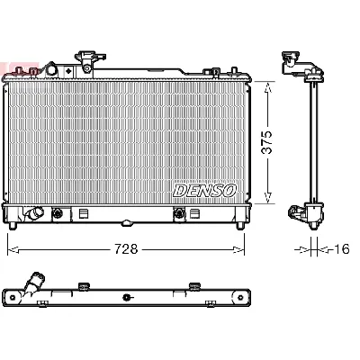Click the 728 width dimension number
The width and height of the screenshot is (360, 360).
[x=125, y=249]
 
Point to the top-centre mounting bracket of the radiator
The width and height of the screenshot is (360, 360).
[x=87, y=60]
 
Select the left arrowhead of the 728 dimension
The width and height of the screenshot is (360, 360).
[x=12, y=249]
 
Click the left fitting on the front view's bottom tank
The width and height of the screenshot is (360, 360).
[x=60, y=214]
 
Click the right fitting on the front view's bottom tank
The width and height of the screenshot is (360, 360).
[x=179, y=214]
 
